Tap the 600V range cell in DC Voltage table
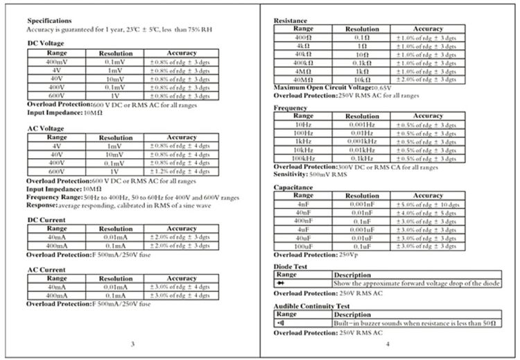pyautogui.click(x=56, y=96)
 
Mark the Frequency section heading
pyautogui.click(x=291, y=108)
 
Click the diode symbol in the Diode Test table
pyautogui.click(x=281, y=283)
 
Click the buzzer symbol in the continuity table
pyautogui.click(x=281, y=323)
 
